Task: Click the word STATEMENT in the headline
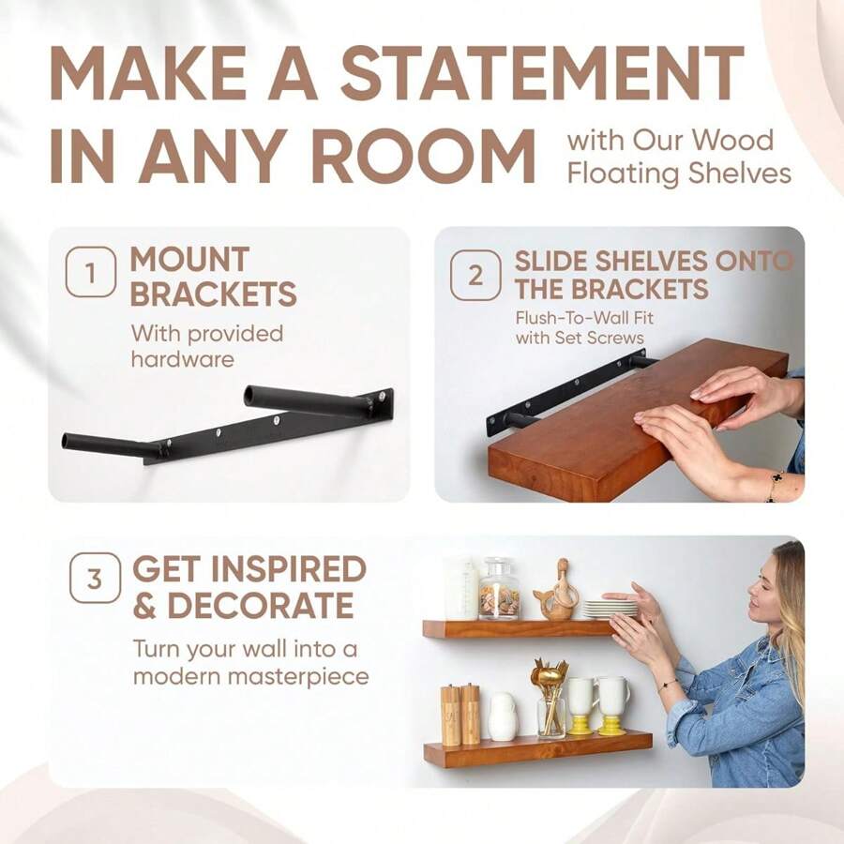[x=542, y=73]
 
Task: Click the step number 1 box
[x=90, y=273]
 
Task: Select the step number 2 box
[x=475, y=276]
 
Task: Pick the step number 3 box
[x=95, y=578]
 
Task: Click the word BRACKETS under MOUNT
[x=213, y=294]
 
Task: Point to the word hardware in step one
[x=182, y=359]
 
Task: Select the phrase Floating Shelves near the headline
[x=679, y=173]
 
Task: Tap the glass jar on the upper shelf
[x=498, y=590]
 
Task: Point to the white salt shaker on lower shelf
[x=503, y=717]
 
